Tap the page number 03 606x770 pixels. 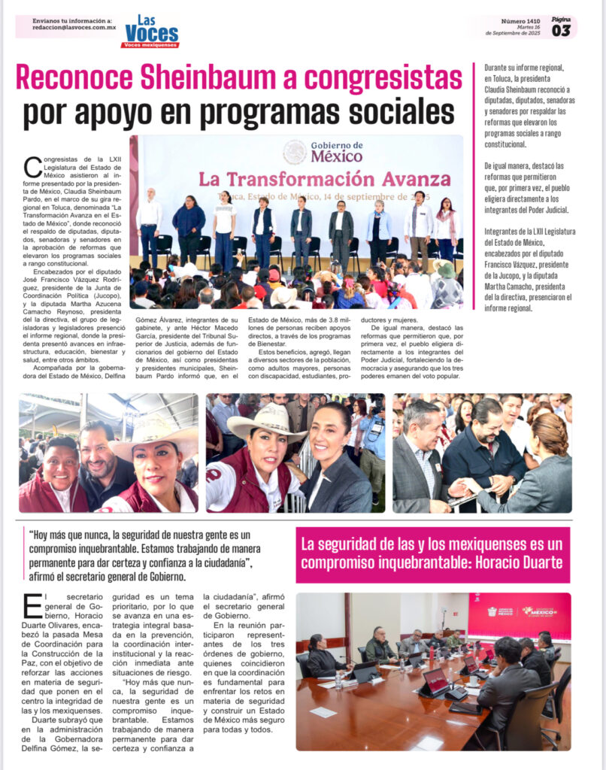561,30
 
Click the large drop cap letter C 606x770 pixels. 32,167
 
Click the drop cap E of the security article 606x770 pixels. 32,606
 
